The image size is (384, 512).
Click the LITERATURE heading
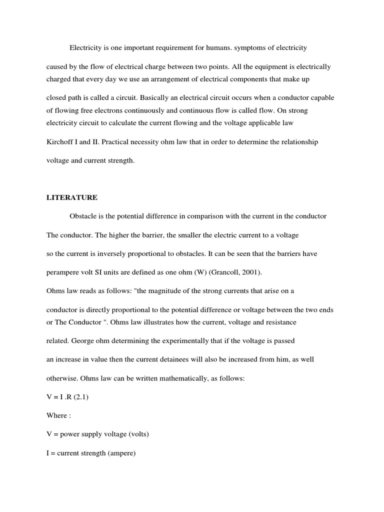tap(71, 197)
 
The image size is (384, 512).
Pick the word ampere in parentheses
tap(120, 453)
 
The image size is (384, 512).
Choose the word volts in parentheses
tap(138, 434)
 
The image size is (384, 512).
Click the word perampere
tap(64, 272)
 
